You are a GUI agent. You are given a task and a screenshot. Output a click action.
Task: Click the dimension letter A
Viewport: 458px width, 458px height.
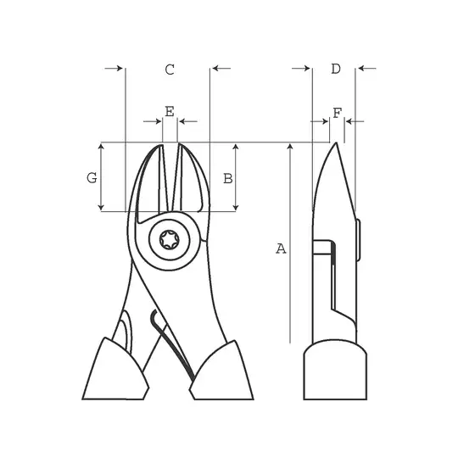tap(281, 249)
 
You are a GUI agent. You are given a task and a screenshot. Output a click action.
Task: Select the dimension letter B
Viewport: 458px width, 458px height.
tap(228, 178)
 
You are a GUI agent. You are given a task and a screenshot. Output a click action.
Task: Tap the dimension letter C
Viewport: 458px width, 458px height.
tap(170, 70)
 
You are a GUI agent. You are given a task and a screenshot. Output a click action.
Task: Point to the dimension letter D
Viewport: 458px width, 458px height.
tap(336, 69)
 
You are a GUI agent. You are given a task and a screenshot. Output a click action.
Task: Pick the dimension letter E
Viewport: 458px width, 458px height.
tap(170, 111)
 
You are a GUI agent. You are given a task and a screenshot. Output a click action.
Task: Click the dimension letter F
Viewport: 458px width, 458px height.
tap(338, 113)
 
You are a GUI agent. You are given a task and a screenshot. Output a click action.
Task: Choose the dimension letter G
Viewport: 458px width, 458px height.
tap(92, 177)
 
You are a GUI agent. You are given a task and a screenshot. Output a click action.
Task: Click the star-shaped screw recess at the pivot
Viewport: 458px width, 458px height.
tap(169, 240)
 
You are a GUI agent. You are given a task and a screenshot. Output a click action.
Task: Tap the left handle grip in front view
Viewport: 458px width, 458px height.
tap(115, 371)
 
